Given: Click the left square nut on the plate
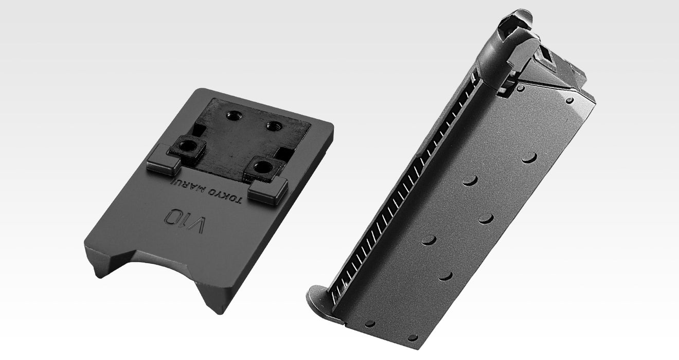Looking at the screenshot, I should point(189,148).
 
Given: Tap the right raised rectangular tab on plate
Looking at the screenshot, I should point(267,191).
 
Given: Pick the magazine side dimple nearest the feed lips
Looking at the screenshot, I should point(529,157).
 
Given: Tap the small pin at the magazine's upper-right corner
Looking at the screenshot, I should point(569,101).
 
